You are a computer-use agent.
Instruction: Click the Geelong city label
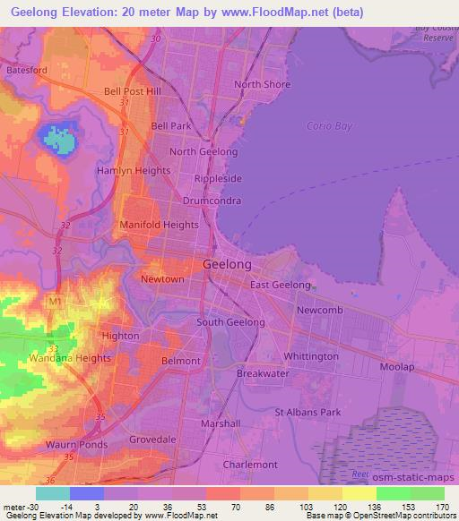(228, 266)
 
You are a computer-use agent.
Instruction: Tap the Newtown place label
(162, 279)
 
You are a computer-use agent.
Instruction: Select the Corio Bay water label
(331, 126)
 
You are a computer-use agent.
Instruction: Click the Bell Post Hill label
(132, 91)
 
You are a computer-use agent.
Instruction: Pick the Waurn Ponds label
(76, 444)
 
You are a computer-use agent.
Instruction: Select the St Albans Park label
(307, 413)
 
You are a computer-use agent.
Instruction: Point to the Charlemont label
(250, 465)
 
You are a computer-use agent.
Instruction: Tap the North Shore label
(263, 85)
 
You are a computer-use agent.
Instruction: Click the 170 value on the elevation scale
(444, 507)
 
